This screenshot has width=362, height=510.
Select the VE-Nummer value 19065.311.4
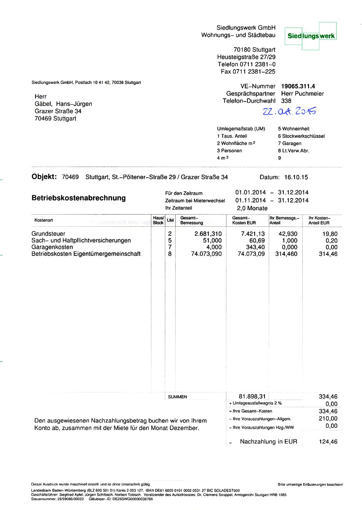click(299, 86)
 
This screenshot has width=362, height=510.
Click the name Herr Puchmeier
click(302, 93)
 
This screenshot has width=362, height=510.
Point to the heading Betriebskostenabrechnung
click(79, 198)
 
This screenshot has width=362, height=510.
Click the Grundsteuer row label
click(49, 234)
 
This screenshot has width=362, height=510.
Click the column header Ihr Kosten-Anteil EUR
click(319, 220)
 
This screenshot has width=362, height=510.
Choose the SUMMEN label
click(177, 397)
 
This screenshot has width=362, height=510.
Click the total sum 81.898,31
click(253, 396)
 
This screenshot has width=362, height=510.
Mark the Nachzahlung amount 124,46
click(328, 442)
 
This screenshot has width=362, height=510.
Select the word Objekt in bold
click(44, 177)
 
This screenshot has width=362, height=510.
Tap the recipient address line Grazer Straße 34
click(58, 111)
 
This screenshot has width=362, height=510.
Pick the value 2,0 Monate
click(252, 208)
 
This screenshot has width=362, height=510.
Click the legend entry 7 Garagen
click(290, 143)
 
